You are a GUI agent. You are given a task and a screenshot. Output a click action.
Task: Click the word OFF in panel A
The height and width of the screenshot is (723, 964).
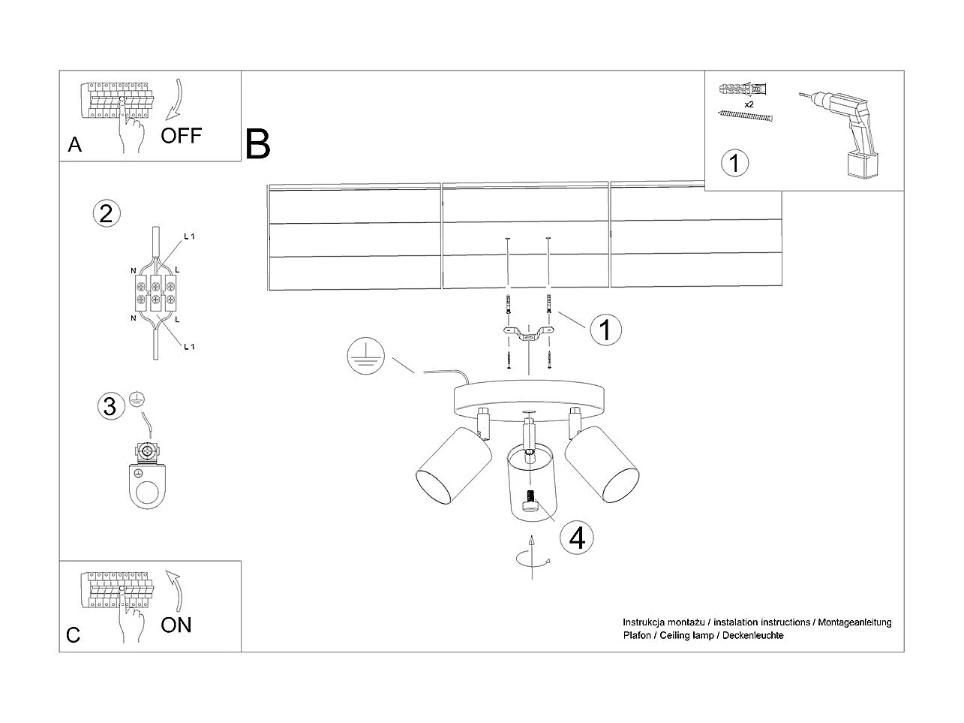[x=181, y=136]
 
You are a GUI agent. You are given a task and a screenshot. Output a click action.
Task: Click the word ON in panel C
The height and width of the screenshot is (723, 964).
[x=176, y=625]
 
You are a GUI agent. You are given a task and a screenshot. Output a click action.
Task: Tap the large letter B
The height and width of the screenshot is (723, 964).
[x=257, y=143]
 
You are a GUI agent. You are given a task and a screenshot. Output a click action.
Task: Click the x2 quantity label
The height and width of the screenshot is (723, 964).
[x=749, y=104]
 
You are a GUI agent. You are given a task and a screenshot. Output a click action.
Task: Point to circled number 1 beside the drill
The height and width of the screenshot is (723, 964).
[x=734, y=163]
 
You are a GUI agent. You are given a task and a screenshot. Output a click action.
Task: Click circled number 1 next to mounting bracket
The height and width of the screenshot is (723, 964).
[x=605, y=330]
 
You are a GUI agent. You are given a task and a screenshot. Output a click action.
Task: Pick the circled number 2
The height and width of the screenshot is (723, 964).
[x=107, y=214]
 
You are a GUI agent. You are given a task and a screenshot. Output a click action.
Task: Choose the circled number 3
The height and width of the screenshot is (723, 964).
[x=111, y=405]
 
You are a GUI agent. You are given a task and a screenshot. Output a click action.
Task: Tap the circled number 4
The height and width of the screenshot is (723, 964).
[x=577, y=537]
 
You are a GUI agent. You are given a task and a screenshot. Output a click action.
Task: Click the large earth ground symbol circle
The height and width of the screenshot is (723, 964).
[x=366, y=356]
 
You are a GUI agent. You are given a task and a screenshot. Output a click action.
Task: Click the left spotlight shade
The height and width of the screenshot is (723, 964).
[x=454, y=465]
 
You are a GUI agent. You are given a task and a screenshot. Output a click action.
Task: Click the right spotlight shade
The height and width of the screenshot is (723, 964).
[x=602, y=464]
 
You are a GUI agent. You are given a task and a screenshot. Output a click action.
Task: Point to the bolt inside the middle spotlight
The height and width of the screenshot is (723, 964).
[x=530, y=501]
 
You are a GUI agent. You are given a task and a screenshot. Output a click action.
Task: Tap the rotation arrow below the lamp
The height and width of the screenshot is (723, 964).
[x=533, y=558]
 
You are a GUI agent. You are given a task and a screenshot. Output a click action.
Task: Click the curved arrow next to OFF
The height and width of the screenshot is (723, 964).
[x=175, y=99]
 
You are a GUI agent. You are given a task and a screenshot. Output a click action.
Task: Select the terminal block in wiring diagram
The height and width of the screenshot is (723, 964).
[x=156, y=293]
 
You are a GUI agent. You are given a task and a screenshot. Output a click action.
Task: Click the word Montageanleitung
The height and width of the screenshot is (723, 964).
[x=854, y=622]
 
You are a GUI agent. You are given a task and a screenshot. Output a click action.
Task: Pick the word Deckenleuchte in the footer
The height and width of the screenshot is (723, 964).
[x=752, y=635]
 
